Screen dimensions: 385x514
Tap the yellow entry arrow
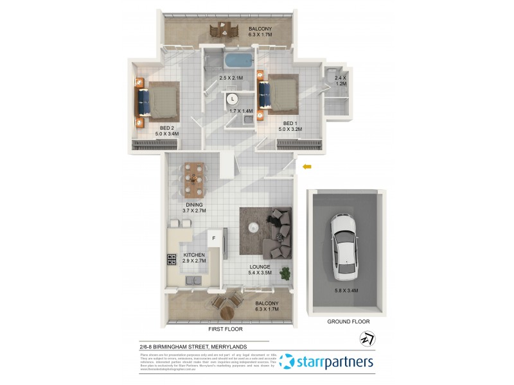(307, 167)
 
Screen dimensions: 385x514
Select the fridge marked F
(215, 239)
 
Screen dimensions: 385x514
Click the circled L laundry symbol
(233, 99)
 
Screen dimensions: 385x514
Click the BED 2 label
(168, 127)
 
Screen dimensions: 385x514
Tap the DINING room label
(194, 205)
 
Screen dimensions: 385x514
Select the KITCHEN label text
(194, 255)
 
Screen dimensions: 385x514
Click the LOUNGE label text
(260, 266)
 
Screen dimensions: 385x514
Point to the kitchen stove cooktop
(172, 260)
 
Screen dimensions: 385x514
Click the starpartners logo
(328, 363)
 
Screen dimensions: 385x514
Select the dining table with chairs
(193, 180)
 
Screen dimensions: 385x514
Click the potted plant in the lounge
(285, 274)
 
